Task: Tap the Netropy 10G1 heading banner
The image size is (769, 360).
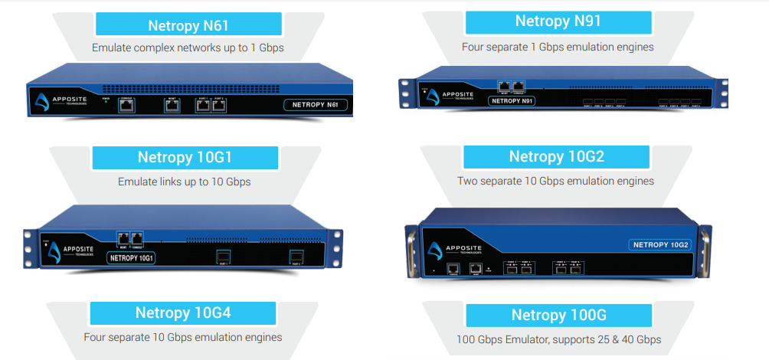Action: [x=185, y=158]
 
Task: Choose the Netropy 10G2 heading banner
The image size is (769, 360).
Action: [x=557, y=157]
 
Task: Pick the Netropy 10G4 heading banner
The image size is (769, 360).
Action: [x=183, y=313]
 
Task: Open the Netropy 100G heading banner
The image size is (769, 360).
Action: [x=559, y=315]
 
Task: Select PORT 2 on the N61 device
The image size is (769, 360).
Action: [x=219, y=106]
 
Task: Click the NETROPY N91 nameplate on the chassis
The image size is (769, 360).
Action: [x=512, y=100]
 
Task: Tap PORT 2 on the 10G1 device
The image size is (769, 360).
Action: [x=296, y=256]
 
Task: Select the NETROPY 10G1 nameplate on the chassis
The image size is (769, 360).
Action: [x=133, y=258]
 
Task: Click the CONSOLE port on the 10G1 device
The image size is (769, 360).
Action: [x=138, y=238]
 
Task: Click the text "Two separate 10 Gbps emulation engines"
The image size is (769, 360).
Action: [x=555, y=182]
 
